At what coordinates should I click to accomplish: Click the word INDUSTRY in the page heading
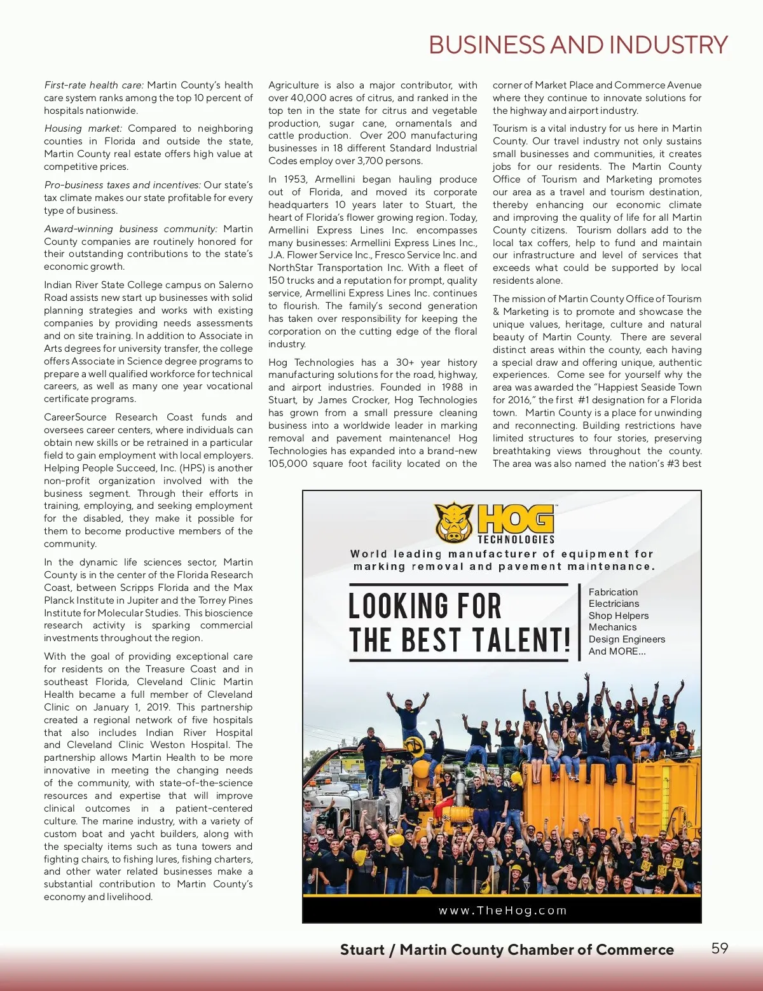pyautogui.click(x=668, y=45)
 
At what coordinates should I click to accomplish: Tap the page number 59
pyautogui.click(x=719, y=948)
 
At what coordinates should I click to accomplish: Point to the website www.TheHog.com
pyautogui.click(x=502, y=910)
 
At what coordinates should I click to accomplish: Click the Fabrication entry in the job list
pyautogui.click(x=613, y=592)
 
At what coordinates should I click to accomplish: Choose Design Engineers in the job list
pyautogui.click(x=626, y=639)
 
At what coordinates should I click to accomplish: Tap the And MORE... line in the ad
pyautogui.click(x=617, y=651)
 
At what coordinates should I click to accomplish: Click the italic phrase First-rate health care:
pyautogui.click(x=94, y=85)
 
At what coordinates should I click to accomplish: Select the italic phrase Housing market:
pyautogui.click(x=83, y=128)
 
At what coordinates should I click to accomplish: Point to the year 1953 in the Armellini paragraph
pyautogui.click(x=294, y=179)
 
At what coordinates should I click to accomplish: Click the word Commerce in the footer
pyautogui.click(x=635, y=950)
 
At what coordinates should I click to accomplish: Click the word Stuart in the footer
pyautogui.click(x=362, y=950)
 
